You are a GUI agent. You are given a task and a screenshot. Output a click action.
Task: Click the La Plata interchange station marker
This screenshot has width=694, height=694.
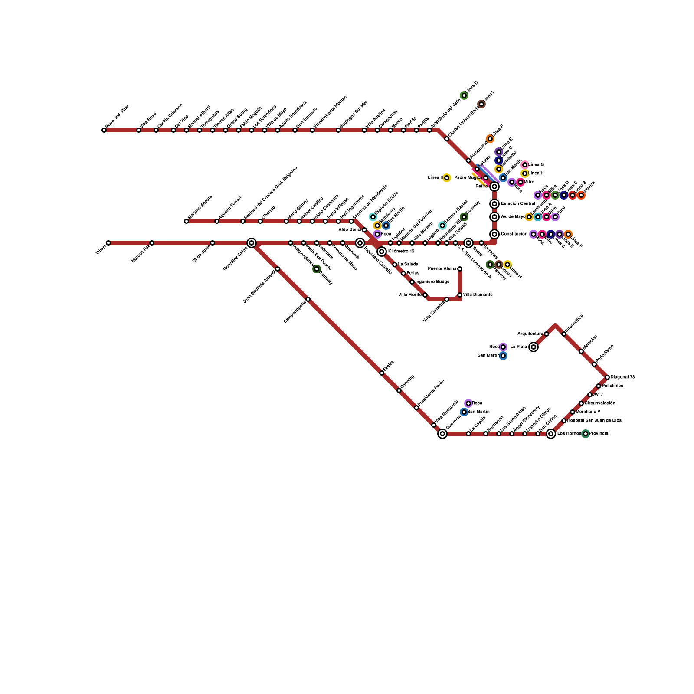click(x=534, y=347)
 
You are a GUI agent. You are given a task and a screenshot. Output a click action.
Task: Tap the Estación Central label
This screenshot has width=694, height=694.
click(x=518, y=204)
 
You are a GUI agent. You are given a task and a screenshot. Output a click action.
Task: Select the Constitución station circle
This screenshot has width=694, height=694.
click(x=494, y=234)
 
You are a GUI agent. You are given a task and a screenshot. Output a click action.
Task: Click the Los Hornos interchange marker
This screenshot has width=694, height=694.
click(x=551, y=434)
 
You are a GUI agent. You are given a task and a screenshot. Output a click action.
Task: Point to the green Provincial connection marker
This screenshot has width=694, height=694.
click(x=586, y=434)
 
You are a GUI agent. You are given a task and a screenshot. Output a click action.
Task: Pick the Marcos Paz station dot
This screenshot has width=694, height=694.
click(x=152, y=243)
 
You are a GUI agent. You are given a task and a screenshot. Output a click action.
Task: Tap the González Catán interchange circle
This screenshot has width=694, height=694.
click(x=252, y=243)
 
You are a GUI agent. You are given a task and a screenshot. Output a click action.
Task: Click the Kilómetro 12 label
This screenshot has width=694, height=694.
click(x=401, y=252)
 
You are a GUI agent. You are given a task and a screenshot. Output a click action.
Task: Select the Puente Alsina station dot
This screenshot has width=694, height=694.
click(x=460, y=269)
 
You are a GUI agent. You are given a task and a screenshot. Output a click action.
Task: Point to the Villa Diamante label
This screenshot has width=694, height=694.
click(x=478, y=295)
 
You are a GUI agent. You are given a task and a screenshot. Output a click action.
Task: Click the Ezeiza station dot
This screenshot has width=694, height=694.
click(x=382, y=373)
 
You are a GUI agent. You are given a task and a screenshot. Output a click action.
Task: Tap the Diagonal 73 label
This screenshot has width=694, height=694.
click(x=622, y=377)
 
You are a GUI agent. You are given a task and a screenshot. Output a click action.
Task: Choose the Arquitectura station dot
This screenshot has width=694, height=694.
click(x=547, y=334)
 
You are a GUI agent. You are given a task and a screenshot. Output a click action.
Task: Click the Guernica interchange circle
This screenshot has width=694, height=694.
click(x=442, y=434)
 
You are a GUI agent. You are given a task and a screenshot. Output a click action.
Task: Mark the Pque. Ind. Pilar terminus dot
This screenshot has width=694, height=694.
click(x=104, y=130)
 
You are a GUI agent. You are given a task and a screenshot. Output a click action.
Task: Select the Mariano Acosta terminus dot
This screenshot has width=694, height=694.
click(x=187, y=221)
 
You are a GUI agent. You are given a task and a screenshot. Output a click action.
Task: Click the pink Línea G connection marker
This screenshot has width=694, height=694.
click(x=525, y=165)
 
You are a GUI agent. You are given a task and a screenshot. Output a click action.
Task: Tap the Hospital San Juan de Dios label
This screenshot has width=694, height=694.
click(x=594, y=421)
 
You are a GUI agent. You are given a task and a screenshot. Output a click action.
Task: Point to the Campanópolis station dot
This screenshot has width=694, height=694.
click(x=308, y=299)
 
